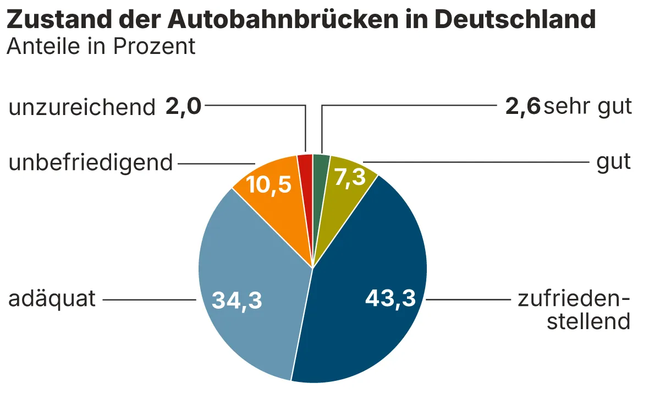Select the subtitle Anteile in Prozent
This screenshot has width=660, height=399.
101,47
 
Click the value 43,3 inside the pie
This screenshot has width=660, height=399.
390,299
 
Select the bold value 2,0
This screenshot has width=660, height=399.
183,107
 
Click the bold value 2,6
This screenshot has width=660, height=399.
522,107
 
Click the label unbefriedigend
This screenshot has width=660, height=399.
91,163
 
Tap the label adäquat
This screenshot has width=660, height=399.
52,300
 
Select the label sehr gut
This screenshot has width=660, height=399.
587,107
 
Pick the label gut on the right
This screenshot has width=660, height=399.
614,163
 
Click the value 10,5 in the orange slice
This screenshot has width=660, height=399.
268,185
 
